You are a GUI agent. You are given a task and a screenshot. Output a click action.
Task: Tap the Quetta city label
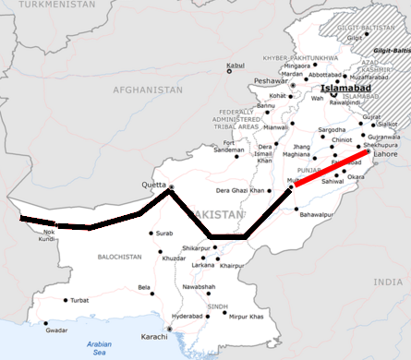[152, 182]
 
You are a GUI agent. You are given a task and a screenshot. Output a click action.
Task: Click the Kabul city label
[236, 66]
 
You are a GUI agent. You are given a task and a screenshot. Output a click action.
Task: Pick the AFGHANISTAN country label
[147, 90]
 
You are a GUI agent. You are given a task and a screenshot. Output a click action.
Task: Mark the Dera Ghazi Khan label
[240, 190]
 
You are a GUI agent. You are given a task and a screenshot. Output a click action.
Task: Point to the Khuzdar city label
[175, 258]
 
